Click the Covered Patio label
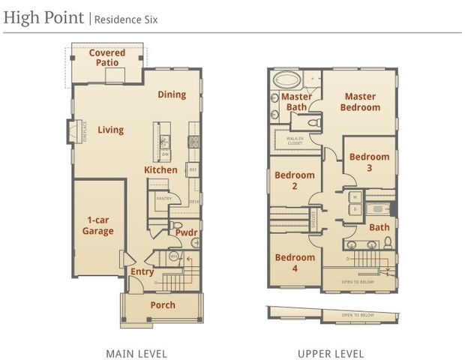(x=107, y=58)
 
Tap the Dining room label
(x=172, y=94)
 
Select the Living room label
(x=111, y=130)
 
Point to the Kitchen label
(x=160, y=170)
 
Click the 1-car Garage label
(x=97, y=225)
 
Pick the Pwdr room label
(x=186, y=233)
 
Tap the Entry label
(x=142, y=271)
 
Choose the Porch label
(x=163, y=304)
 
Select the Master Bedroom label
(x=360, y=102)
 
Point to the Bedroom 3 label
(x=370, y=162)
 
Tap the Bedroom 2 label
(x=295, y=181)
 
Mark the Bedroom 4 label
(x=295, y=262)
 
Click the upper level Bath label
(x=379, y=227)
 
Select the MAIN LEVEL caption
(x=136, y=353)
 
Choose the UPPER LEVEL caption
(x=330, y=353)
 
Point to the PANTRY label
(x=163, y=198)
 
